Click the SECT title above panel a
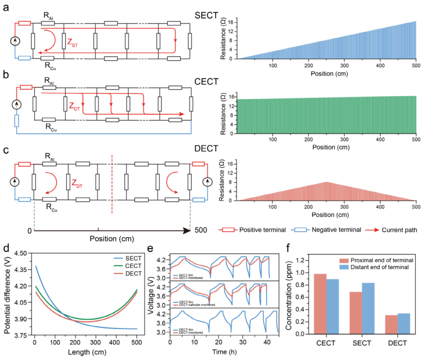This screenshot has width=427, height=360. click(x=206, y=16)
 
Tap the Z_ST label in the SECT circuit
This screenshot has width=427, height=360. click(x=72, y=43)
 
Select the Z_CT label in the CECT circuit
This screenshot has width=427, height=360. click(x=74, y=106)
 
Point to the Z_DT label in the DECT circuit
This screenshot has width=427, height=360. click(x=77, y=184)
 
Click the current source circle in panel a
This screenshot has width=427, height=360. click(x=15, y=41)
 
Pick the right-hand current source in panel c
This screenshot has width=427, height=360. click(x=207, y=182)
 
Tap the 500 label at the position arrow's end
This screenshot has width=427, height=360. click(x=201, y=230)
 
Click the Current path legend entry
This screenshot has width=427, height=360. click(x=391, y=230)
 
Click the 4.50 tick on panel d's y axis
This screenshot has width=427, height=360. click(x=20, y=253)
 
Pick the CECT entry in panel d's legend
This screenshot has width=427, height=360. click(x=133, y=266)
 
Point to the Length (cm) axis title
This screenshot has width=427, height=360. click(x=87, y=352)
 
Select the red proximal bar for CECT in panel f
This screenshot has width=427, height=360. click(x=320, y=304)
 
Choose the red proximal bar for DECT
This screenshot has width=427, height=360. click(x=391, y=324)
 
